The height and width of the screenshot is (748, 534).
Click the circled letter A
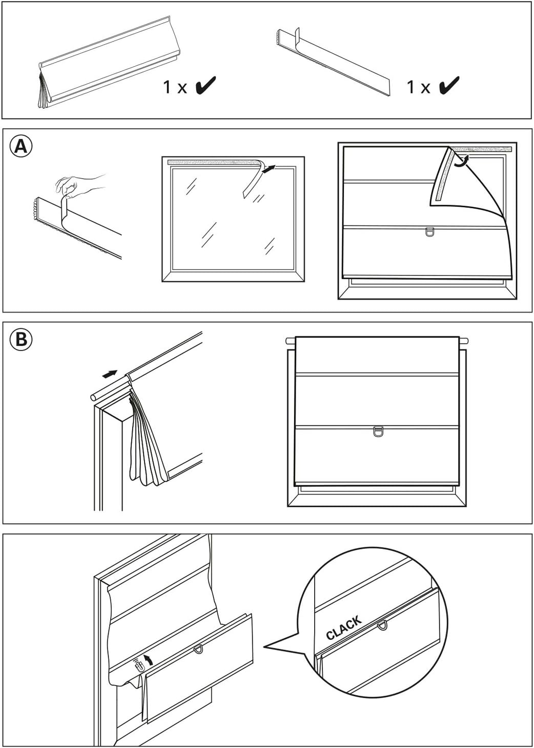pos(20,147)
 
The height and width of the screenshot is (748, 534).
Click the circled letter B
pos(20,339)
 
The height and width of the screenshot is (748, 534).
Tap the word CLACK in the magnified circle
pos(344,627)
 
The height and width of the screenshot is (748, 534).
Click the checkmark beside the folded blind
pos(205,86)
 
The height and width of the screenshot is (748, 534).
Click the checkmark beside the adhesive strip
pos(448,86)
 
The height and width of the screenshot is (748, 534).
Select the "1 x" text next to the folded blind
pos(175,87)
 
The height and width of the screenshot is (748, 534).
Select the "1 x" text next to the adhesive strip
pos(418,87)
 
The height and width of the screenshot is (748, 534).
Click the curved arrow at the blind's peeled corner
pos(462,161)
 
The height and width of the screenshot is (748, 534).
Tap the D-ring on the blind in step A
pos(430,232)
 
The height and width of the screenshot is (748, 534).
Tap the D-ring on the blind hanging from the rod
pos(378,430)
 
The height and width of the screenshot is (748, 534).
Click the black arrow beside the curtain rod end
pos(110,375)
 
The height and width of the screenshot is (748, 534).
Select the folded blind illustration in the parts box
pos(108,67)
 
